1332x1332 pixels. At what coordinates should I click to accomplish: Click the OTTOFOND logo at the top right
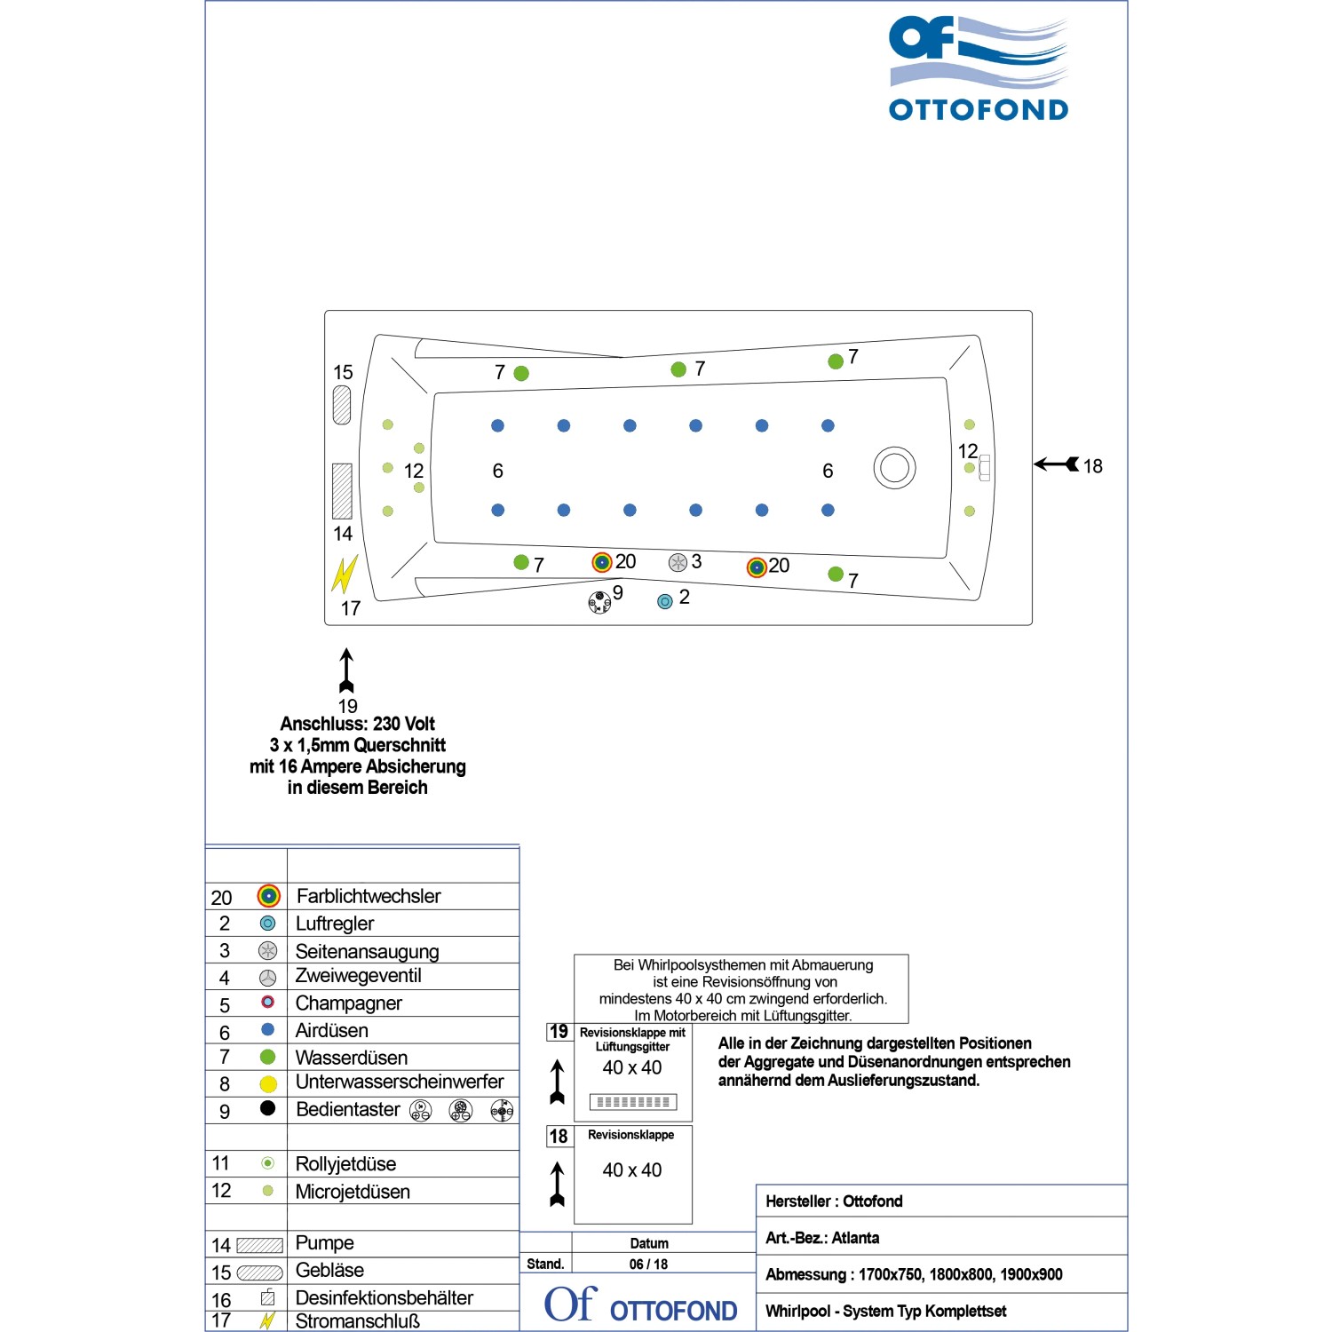tap(979, 69)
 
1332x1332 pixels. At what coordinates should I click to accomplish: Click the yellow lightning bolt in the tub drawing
tap(344, 575)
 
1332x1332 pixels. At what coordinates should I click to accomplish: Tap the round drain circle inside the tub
tap(894, 468)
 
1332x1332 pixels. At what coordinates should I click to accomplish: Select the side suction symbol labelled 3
tap(678, 563)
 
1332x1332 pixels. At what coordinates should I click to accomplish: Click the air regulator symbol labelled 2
tap(664, 601)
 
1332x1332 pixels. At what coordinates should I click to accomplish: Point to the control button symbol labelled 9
tap(600, 602)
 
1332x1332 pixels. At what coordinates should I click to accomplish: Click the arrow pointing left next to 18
tap(1057, 464)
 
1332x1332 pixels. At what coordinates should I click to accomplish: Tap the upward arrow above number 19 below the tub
tap(346, 670)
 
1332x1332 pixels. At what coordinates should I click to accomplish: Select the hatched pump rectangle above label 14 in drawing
tap(342, 491)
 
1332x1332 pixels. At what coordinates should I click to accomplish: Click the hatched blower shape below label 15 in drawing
tap(342, 406)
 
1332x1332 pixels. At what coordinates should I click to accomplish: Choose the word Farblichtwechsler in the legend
tap(369, 896)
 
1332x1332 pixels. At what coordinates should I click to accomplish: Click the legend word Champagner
tap(349, 1003)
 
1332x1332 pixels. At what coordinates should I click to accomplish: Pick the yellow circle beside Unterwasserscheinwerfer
tap(268, 1084)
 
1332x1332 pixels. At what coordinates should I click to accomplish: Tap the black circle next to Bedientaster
tap(268, 1108)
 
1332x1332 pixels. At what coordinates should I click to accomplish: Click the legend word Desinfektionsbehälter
tap(385, 1298)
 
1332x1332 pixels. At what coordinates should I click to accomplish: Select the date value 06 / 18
tap(649, 1265)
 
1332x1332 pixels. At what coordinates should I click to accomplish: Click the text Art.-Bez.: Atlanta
tap(822, 1238)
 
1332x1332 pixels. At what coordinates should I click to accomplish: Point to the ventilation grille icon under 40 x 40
tap(633, 1102)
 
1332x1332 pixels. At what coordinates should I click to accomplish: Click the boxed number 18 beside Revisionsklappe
tap(559, 1137)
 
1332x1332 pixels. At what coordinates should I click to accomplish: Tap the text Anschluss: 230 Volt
tap(358, 724)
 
